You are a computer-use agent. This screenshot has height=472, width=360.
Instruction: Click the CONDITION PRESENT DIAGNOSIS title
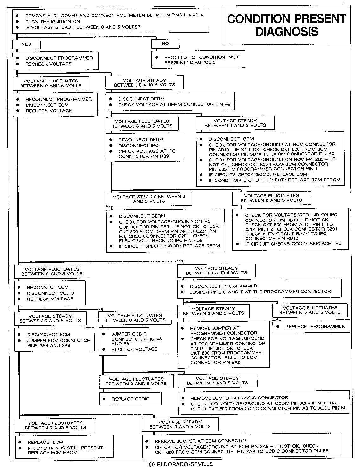click(286, 25)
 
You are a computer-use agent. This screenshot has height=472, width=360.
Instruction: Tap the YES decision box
click(26, 44)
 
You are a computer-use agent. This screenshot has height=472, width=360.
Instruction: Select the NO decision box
click(165, 43)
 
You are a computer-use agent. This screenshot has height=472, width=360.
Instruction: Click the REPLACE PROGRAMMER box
click(311, 326)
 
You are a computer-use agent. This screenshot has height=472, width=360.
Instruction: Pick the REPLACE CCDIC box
click(130, 399)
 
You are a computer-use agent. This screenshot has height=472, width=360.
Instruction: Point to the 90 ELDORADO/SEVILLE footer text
click(181, 464)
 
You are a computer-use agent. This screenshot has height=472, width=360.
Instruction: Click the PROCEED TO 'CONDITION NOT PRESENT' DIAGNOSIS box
click(198, 60)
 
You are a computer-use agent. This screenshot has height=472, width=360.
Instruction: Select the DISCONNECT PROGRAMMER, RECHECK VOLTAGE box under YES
click(55, 61)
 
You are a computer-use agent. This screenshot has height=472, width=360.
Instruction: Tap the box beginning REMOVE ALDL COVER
click(111, 21)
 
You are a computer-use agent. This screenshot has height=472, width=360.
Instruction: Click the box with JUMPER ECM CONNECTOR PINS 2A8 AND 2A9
click(55, 340)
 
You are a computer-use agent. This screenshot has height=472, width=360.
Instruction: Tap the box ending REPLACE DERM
click(165, 231)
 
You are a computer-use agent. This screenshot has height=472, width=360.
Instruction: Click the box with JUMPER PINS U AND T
click(259, 289)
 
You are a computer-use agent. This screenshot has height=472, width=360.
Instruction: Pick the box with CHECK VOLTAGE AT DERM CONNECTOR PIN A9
click(170, 102)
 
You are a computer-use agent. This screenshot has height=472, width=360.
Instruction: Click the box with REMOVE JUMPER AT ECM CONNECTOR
click(242, 446)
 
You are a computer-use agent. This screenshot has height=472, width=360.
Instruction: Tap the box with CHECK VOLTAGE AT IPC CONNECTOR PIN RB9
click(145, 148)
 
